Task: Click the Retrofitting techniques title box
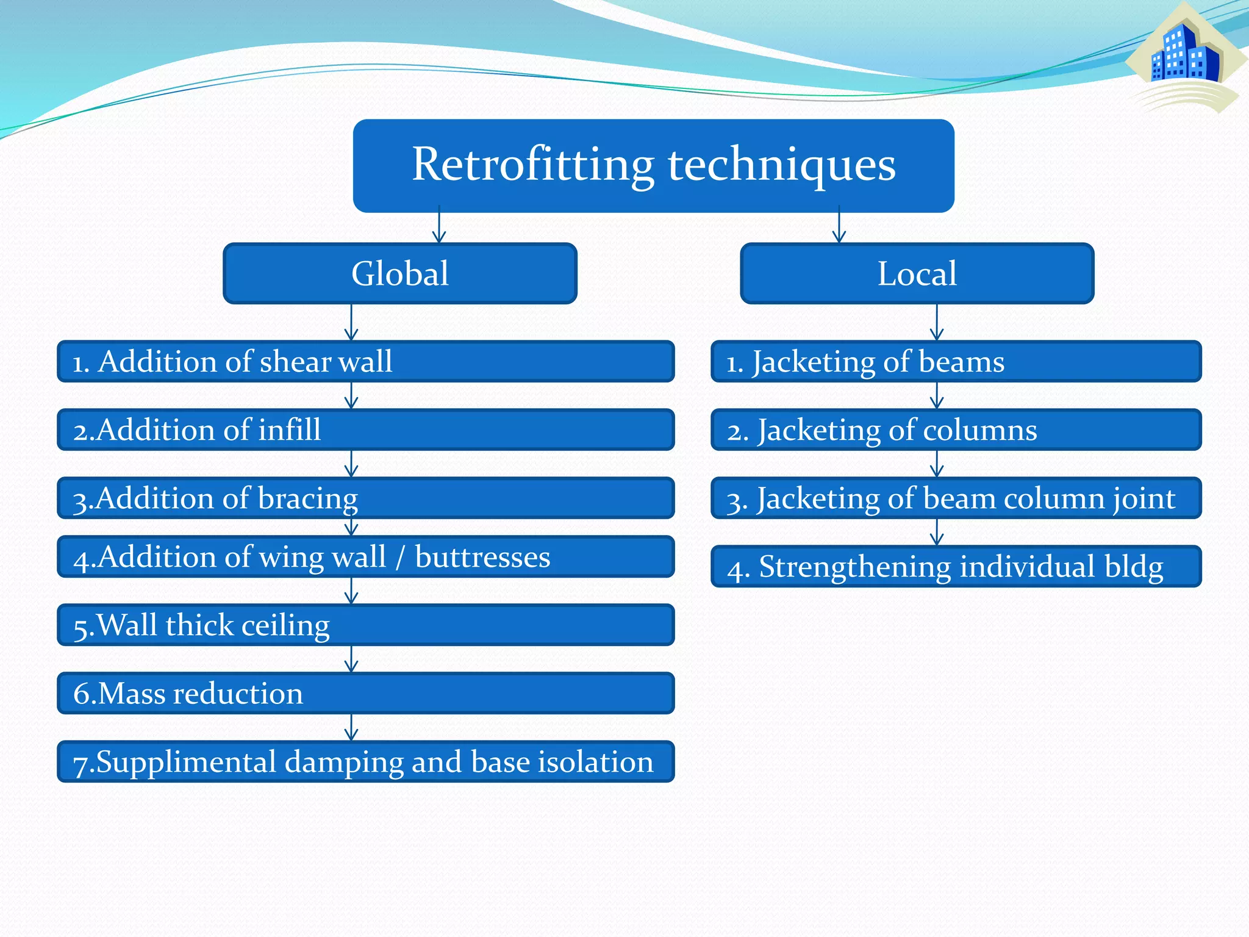(x=653, y=165)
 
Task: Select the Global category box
(x=399, y=273)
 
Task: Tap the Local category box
(x=917, y=273)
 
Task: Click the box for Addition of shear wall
(x=366, y=362)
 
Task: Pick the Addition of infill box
(x=366, y=430)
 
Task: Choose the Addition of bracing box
(x=366, y=498)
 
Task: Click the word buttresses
(x=482, y=557)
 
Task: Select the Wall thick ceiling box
(x=366, y=625)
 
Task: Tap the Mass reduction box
(x=366, y=694)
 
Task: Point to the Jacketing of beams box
(x=956, y=362)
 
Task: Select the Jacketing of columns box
(x=956, y=430)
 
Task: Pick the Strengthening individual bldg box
(x=956, y=567)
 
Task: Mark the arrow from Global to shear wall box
(x=351, y=323)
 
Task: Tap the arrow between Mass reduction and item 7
(x=351, y=727)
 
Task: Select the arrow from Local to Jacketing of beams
(x=937, y=323)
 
